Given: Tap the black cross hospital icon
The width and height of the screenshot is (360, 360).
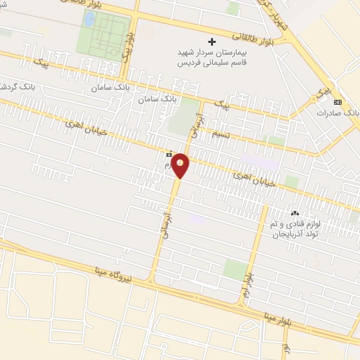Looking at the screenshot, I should point(212,42).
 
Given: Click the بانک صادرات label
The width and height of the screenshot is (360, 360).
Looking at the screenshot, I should point(338,112).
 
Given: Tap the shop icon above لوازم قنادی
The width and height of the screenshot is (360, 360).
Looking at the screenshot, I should point(295,214).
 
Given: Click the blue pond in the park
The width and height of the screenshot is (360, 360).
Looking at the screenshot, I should point(89,19).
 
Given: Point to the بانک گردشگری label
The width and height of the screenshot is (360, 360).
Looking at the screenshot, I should point(14,86).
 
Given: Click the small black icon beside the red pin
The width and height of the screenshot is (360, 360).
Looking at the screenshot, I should point(168,153).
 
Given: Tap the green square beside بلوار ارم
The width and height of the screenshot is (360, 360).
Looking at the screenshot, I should point(235,269).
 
